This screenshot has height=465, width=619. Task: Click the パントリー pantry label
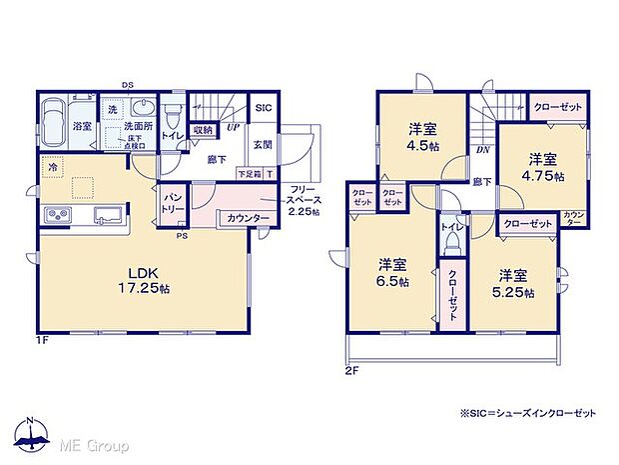click(173, 206)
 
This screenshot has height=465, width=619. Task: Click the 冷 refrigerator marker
click(52, 169)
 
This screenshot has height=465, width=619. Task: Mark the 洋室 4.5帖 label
click(419, 134)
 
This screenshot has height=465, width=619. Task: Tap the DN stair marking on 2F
click(481, 150)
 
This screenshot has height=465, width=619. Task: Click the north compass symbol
click(33, 433)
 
